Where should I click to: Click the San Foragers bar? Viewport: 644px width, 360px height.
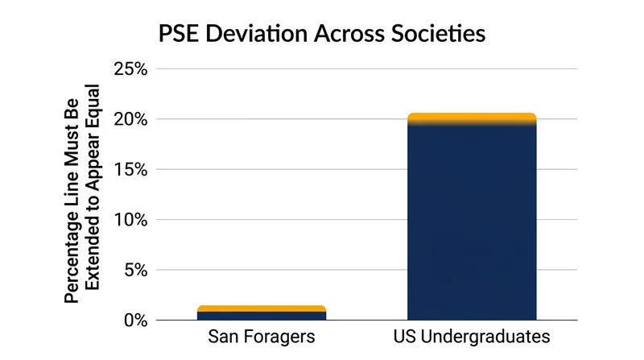(x=262, y=312)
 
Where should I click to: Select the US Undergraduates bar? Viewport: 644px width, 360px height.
(x=472, y=217)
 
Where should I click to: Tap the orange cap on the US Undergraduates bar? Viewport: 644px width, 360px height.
(x=472, y=118)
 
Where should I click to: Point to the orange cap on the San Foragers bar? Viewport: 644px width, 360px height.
(x=262, y=308)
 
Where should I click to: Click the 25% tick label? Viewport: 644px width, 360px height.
(x=130, y=69)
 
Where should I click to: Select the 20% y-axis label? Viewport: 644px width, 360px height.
(x=130, y=119)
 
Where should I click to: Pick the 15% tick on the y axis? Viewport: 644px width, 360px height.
(x=130, y=170)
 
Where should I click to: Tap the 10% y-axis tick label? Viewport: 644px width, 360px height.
(x=130, y=220)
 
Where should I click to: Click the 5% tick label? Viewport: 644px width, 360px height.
(x=136, y=271)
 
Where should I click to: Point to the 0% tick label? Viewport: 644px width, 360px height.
(x=136, y=321)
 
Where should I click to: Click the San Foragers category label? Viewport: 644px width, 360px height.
(x=262, y=337)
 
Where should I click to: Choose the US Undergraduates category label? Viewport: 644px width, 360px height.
(x=472, y=337)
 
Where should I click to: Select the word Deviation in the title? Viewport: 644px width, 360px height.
(x=256, y=34)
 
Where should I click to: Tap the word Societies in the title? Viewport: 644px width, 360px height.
(x=438, y=34)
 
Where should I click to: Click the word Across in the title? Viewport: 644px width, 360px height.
(x=349, y=34)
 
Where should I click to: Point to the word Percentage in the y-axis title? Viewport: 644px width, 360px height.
(x=72, y=257)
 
